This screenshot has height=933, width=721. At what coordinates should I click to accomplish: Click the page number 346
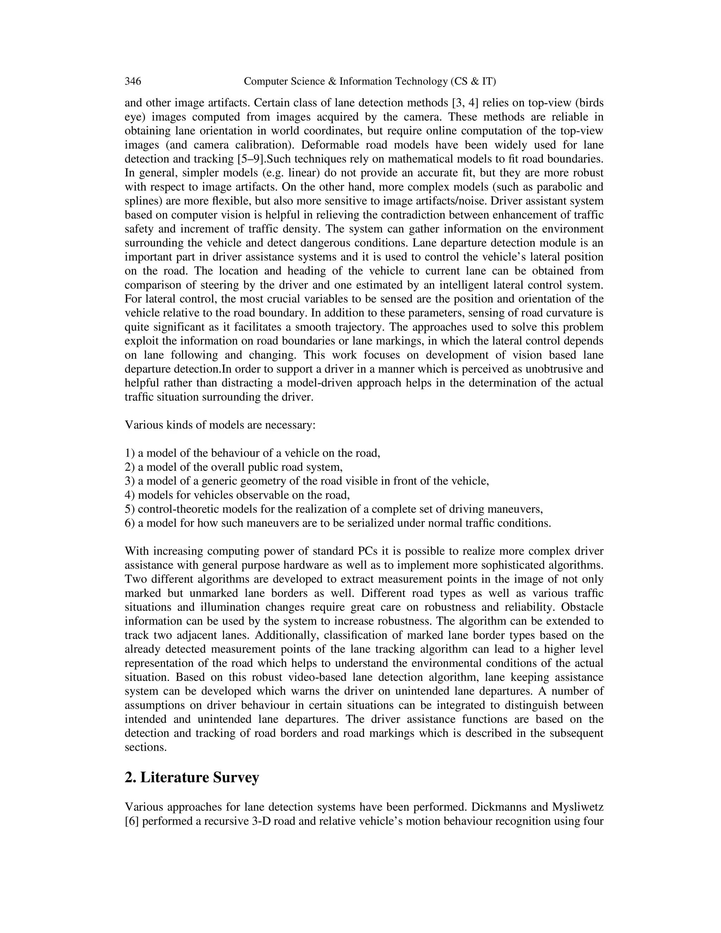(133, 81)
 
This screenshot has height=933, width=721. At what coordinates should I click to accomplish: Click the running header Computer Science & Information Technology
(369, 81)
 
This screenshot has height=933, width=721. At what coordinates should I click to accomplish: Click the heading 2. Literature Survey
(192, 777)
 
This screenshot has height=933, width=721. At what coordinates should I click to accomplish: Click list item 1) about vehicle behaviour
(252, 453)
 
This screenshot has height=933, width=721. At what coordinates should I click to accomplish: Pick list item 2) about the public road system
(234, 467)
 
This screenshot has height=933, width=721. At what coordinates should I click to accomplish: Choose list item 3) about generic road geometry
(307, 481)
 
